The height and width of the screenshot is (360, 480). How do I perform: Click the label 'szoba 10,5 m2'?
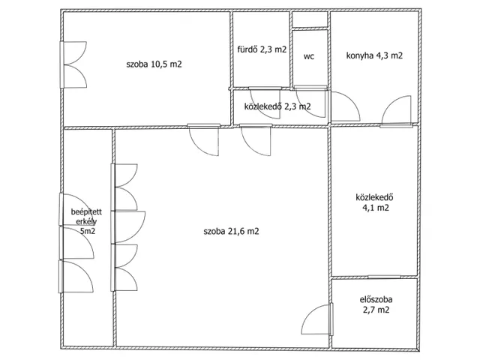point(154,64)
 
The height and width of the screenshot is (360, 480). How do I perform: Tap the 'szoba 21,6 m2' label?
point(231,231)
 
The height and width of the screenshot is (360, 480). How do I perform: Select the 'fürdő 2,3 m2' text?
point(262,49)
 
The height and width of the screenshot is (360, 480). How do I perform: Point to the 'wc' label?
point(309,57)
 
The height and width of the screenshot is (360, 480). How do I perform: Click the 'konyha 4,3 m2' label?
point(374,55)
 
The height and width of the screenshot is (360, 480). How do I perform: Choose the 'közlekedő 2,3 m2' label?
point(277,106)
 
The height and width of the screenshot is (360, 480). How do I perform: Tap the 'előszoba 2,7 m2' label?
point(376,304)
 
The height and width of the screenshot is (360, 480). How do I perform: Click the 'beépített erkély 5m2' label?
point(86,221)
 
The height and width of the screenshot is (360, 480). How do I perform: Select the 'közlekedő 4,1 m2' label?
point(375,202)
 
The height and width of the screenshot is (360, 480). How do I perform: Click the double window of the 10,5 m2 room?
point(73,65)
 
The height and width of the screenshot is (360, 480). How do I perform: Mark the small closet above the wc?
point(310,19)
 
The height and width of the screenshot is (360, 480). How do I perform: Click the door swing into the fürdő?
point(265,103)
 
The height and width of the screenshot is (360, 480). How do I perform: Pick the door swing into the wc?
point(310,102)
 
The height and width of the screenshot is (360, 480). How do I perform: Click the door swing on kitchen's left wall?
point(345,106)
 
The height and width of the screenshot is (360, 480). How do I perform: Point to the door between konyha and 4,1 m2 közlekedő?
point(396,112)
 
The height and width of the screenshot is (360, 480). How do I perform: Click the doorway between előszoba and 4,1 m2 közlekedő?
point(384,277)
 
